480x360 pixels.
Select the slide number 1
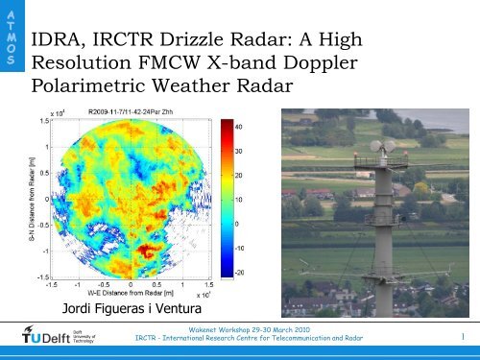point(462,336)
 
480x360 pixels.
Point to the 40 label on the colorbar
point(239,125)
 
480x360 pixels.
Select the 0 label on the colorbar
point(236,224)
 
